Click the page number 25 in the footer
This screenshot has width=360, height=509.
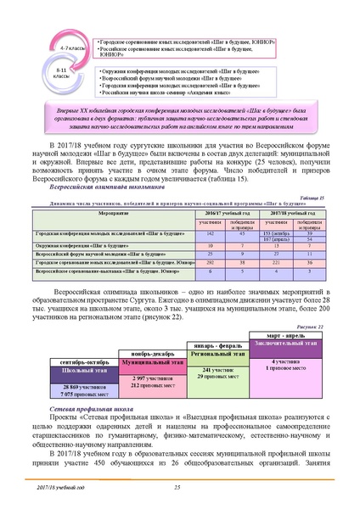coord(178,486)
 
